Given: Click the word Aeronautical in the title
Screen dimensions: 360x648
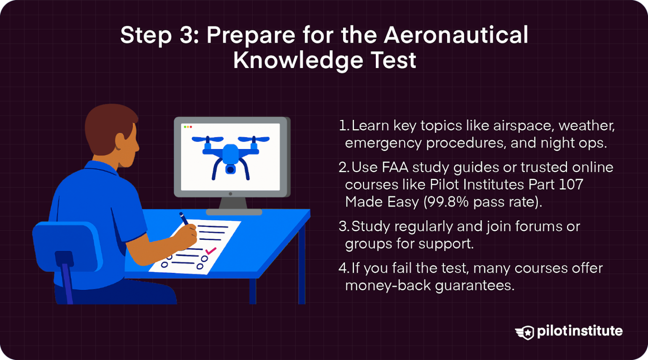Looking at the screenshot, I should (x=456, y=35).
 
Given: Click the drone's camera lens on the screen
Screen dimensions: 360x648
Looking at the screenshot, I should (x=230, y=170).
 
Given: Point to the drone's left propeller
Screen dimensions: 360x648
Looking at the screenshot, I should (x=208, y=139).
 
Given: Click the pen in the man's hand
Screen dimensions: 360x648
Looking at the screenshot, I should (x=184, y=219).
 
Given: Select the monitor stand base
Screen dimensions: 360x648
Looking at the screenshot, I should (x=234, y=212).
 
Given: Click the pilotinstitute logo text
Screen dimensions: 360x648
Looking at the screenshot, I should (x=580, y=331).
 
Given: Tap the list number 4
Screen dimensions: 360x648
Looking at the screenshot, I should (x=343, y=268).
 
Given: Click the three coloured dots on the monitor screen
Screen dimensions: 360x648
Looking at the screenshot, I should (x=188, y=127).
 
